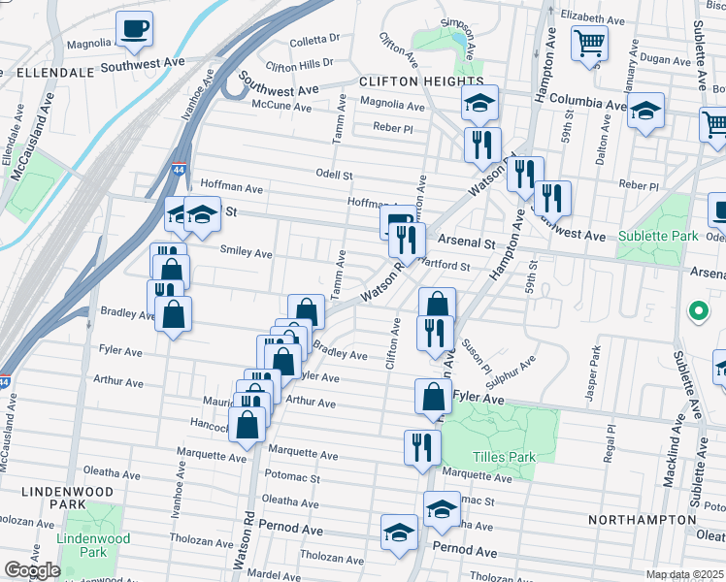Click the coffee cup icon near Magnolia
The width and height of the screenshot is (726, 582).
pos(134,29)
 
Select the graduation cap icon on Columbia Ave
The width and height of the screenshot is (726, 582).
pos(645,112)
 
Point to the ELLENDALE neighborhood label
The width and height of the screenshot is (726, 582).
pos(47,72)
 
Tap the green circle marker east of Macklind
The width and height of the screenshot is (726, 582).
pos(697,312)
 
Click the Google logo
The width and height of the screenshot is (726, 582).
pos(31,570)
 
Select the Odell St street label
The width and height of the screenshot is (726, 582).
pos(333,175)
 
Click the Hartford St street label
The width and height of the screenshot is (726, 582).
pos(444,265)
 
